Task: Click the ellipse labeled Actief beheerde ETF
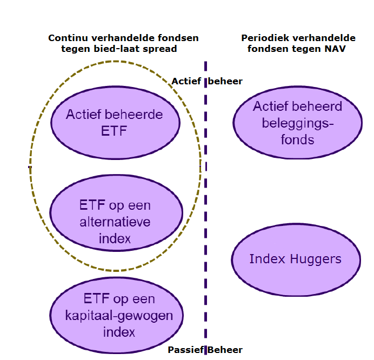click(115, 123)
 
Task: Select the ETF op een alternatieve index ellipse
click(116, 213)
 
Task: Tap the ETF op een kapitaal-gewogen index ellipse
click(116, 315)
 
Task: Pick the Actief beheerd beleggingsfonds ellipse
click(297, 122)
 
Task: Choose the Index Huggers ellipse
click(296, 260)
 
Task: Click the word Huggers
click(315, 259)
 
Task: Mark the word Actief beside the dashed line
click(186, 81)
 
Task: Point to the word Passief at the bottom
click(186, 350)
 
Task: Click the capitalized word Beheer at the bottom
click(225, 350)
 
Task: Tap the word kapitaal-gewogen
click(119, 316)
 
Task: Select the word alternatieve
click(115, 222)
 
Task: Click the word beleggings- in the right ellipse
click(297, 124)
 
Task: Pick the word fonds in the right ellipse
click(297, 139)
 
